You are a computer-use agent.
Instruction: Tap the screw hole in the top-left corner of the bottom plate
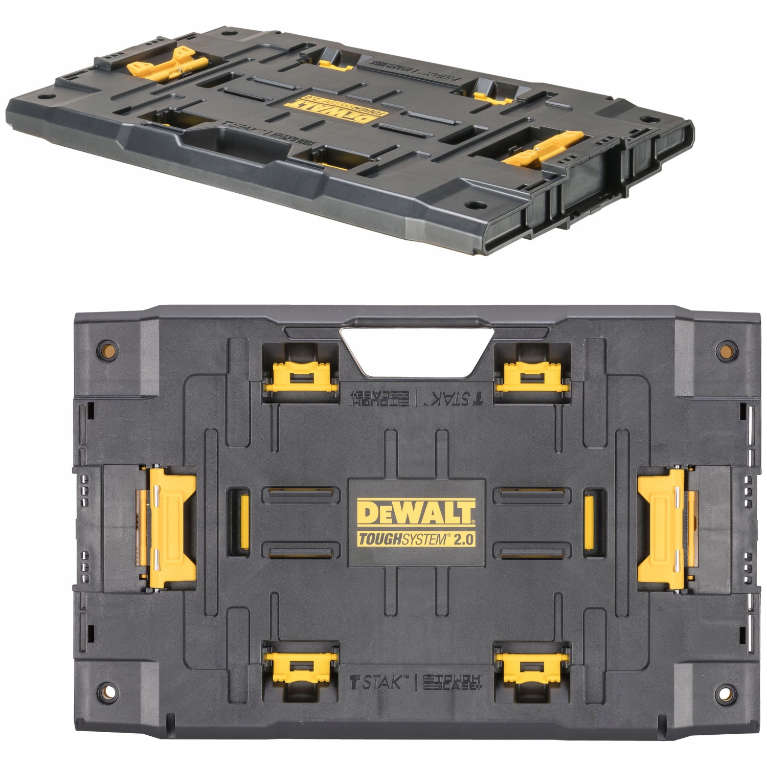pos(107,350)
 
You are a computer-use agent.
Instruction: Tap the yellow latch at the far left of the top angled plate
pos(164,68)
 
